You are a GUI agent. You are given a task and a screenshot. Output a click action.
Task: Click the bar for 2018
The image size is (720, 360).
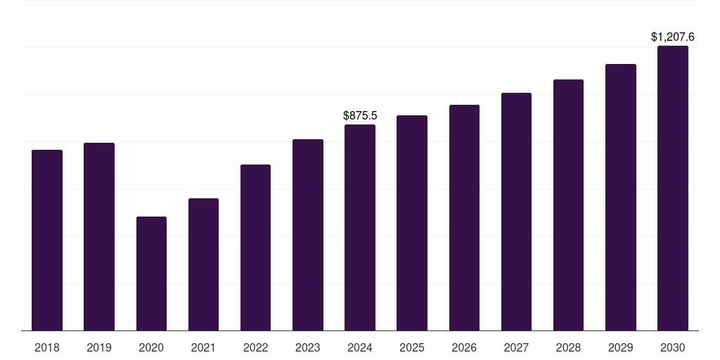pyautogui.click(x=47, y=240)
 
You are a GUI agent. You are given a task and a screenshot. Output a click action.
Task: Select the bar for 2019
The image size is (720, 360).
pyautogui.click(x=99, y=236)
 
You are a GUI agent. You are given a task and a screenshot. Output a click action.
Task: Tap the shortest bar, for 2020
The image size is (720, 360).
pyautogui.click(x=151, y=274)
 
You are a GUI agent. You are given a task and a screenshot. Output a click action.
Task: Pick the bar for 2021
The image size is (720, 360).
pyautogui.click(x=203, y=264)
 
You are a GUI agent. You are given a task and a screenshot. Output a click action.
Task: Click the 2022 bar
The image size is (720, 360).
pyautogui.click(x=255, y=247)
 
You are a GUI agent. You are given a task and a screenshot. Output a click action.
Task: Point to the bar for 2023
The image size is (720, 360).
pyautogui.click(x=308, y=235)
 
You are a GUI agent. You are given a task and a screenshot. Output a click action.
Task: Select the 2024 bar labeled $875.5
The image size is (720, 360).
pyautogui.click(x=360, y=227)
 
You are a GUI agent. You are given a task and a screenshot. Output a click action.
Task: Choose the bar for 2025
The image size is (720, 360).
pyautogui.click(x=412, y=223)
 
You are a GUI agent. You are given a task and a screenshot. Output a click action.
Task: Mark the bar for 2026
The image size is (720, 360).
pyautogui.click(x=464, y=217)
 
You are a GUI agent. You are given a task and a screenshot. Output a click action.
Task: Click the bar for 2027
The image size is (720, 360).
pyautogui.click(x=516, y=212)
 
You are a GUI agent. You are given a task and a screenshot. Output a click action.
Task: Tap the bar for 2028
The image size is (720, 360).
pyautogui.click(x=568, y=205)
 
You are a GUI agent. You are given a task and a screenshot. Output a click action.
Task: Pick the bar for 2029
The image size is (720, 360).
pyautogui.click(x=621, y=197)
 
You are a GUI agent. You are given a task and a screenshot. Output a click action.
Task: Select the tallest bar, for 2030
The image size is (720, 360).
pyautogui.click(x=673, y=188)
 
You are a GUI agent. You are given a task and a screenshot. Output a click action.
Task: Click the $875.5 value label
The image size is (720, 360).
pyautogui.click(x=360, y=115)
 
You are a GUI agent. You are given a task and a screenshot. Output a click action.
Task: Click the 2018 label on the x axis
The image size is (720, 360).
pyautogui.click(x=47, y=347)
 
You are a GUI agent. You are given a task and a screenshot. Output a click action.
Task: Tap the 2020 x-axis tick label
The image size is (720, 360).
pyautogui.click(x=151, y=347)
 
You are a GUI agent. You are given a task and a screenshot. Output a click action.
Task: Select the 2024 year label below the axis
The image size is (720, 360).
pyautogui.click(x=360, y=347)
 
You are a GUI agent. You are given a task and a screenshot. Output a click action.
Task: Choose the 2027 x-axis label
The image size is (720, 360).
pyautogui.click(x=516, y=347)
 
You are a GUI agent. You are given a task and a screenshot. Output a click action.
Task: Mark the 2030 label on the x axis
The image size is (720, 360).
pyautogui.click(x=673, y=347)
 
